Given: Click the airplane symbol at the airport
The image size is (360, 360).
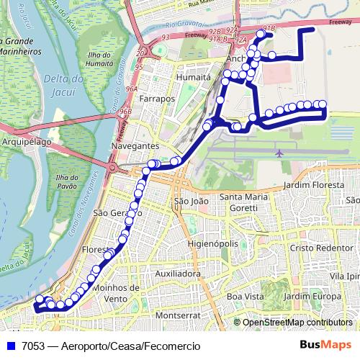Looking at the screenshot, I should pyautogui.click(x=279, y=153).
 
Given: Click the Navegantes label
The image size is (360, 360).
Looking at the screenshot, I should pyautogui.click(x=135, y=145).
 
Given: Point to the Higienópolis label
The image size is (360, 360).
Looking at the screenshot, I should pyautogui.click(x=212, y=244).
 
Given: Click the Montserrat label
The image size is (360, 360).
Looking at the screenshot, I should pyautogui.click(x=176, y=315).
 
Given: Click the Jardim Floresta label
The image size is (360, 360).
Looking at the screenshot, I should pyautogui.click(x=314, y=185).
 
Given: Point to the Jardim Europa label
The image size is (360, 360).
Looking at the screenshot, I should pyautogui.click(x=312, y=296).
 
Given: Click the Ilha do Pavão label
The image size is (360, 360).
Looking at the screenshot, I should pyautogui.click(x=66, y=182).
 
